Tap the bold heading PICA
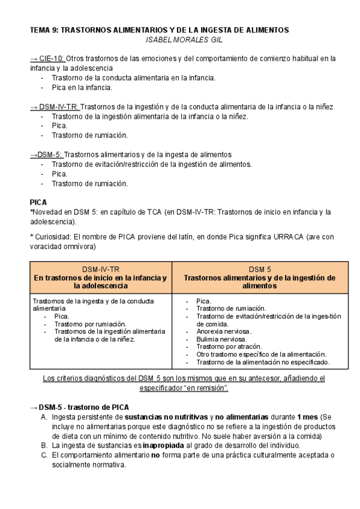[x=38, y=202]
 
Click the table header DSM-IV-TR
[x=100, y=269]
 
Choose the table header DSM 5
[x=260, y=269]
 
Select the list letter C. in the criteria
[x=44, y=455]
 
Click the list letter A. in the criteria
[x=44, y=417]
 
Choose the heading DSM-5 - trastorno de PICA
[x=84, y=407]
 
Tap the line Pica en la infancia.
[x=82, y=88]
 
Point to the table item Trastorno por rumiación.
[x=91, y=324]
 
